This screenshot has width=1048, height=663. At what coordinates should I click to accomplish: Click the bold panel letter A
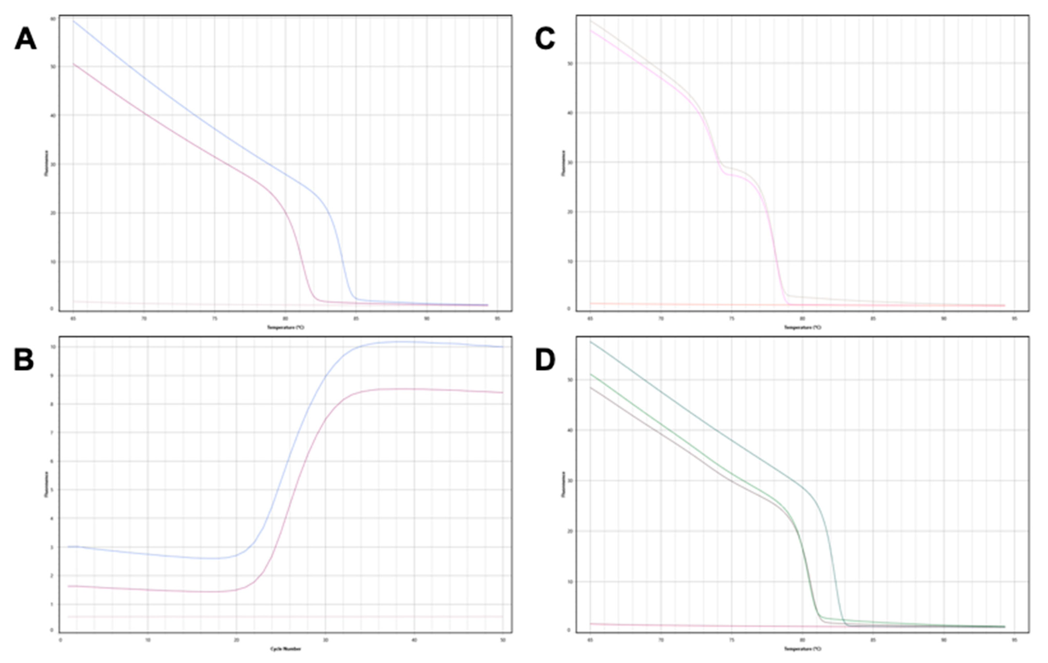[x=25, y=39]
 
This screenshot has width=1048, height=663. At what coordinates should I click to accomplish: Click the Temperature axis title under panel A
[x=286, y=327]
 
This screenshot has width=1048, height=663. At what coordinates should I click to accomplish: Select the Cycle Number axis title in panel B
[x=286, y=649]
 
